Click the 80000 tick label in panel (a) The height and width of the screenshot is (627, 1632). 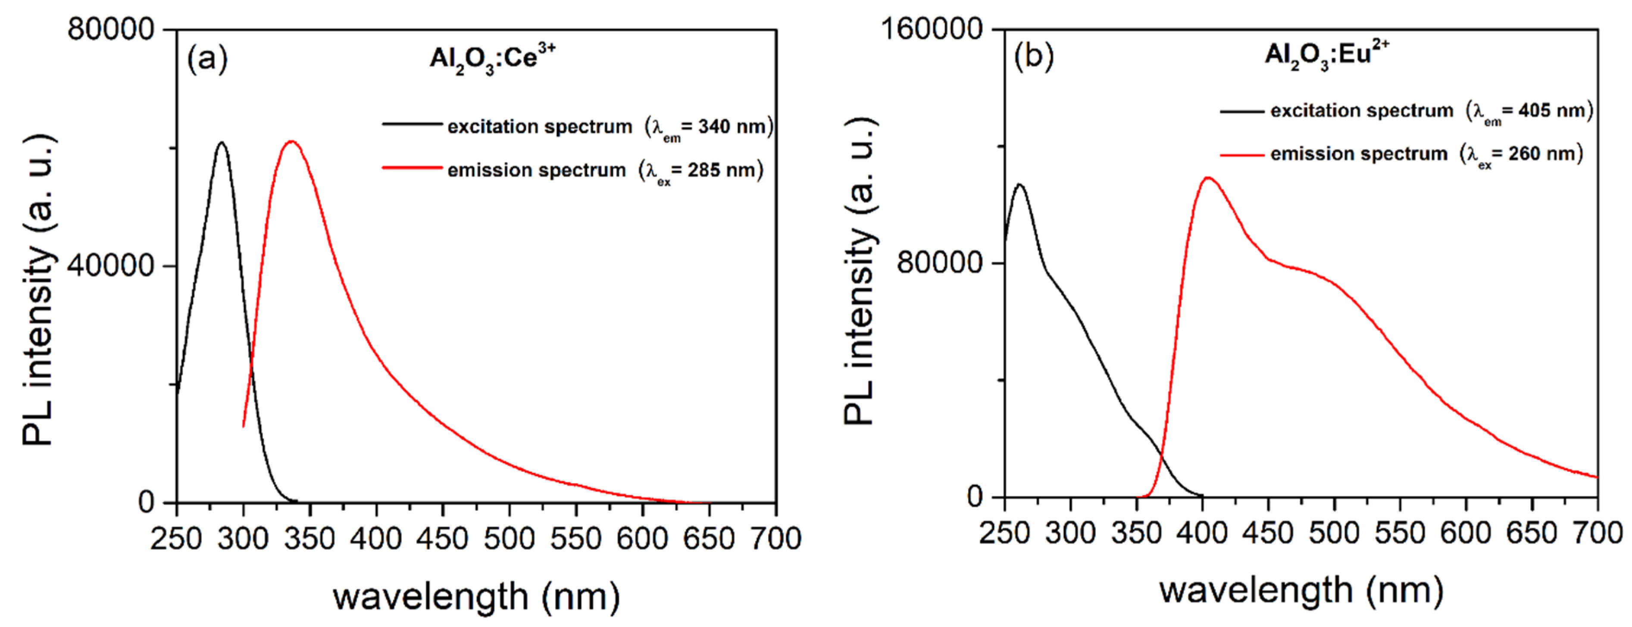111,29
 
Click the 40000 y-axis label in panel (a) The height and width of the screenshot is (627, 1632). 111,265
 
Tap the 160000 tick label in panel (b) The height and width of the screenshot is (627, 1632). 931,29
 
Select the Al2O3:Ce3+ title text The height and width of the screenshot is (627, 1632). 492,59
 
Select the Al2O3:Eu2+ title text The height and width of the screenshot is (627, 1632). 1326,55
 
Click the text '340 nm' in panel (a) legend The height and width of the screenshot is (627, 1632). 732,127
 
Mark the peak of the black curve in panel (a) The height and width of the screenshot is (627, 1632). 221,143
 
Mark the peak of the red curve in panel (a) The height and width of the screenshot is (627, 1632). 291,141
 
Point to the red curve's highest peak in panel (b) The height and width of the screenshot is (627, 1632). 1207,178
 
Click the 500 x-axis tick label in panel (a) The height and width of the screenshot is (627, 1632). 510,539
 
